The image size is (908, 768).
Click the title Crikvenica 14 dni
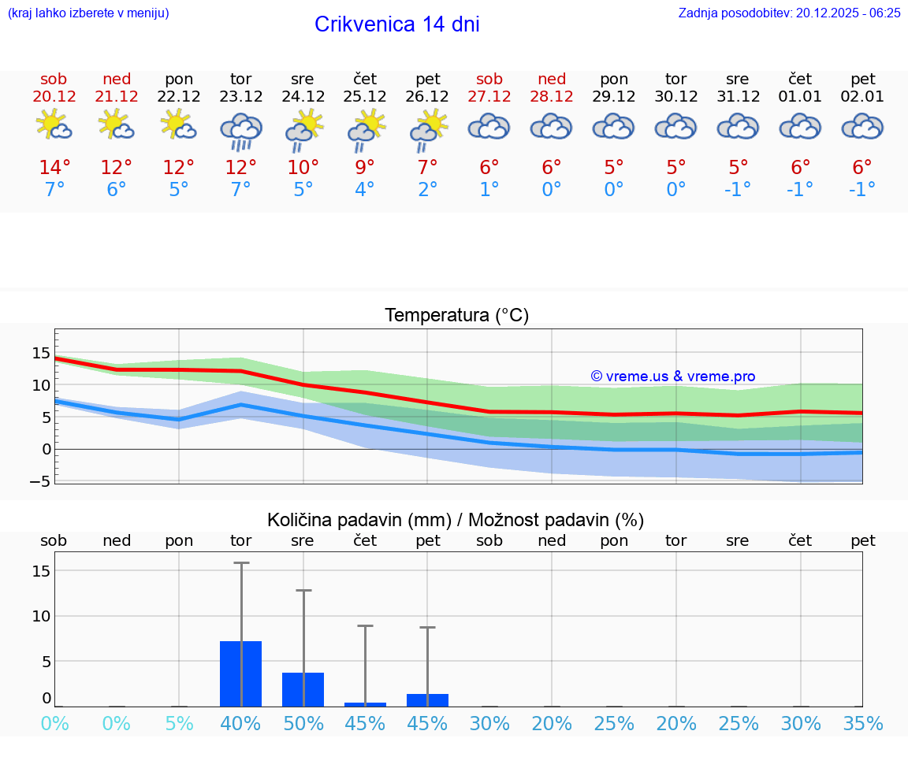[x=396, y=24]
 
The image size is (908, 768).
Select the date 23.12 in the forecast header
[x=240, y=97]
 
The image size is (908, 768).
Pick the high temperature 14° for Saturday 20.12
[x=54, y=167]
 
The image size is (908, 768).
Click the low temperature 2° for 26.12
[x=427, y=190]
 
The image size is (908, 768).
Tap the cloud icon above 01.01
[x=800, y=126]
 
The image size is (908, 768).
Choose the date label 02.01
[x=862, y=97]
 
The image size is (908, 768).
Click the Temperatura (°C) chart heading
[x=456, y=316]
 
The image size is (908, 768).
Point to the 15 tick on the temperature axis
[x=41, y=353]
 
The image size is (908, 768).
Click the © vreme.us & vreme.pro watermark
[x=672, y=377]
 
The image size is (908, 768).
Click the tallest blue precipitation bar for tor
[x=240, y=674]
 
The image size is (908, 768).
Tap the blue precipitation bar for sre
[x=303, y=690]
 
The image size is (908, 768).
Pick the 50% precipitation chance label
[x=303, y=724]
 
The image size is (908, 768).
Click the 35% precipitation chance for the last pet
[x=862, y=724]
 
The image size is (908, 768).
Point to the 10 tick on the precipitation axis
[x=41, y=616]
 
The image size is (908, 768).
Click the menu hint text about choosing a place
[x=88, y=13]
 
